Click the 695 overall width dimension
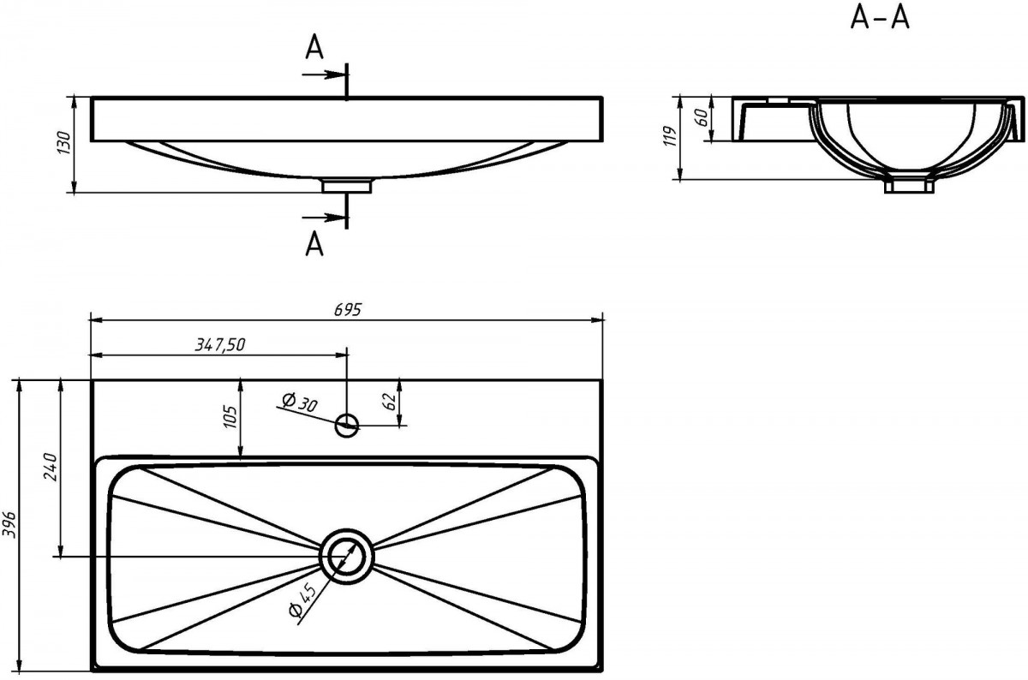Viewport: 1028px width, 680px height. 348,310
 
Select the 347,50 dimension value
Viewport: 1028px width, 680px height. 220,344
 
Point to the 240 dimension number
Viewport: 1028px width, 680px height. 50,467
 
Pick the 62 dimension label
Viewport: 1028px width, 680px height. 389,402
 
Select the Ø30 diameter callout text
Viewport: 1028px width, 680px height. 300,403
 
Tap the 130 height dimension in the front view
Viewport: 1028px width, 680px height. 63,143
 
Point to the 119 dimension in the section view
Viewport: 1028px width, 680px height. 671,136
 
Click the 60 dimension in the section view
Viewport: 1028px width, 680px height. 702,118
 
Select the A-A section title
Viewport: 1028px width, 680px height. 880,19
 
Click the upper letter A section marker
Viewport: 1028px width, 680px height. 314,48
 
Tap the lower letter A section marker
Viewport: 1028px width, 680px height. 314,243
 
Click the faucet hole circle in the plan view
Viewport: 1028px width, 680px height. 347,426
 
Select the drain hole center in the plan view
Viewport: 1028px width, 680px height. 347,557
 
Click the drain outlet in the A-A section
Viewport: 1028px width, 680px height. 909,186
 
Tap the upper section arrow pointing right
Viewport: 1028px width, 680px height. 323,75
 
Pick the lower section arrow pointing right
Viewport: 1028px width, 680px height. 323,217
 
